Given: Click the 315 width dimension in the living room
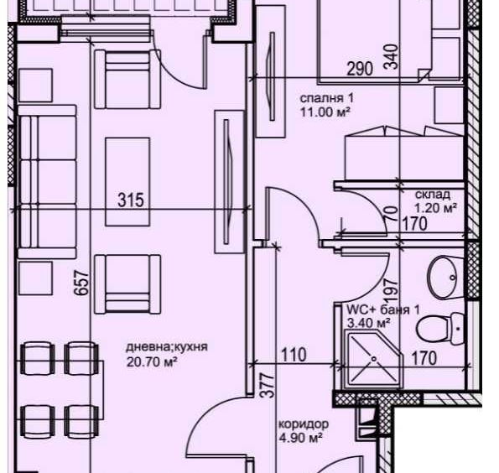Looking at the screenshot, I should tap(131, 200).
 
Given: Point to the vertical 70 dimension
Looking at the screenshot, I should tap(389, 213).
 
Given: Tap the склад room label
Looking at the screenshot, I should tap(432, 194).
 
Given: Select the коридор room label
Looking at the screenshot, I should tap(303, 424).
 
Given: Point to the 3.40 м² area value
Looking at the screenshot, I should tap(369, 323).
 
